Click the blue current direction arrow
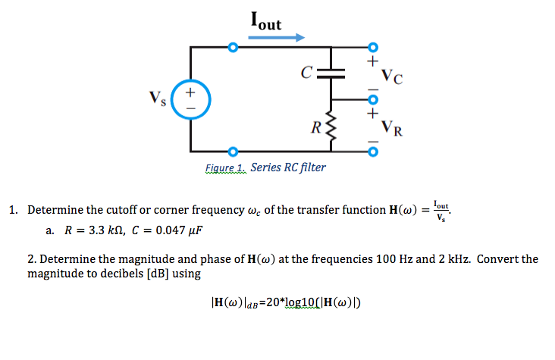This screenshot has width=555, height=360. click(x=277, y=37)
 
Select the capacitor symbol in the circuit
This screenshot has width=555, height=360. click(x=330, y=74)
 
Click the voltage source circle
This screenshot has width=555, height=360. click(x=191, y=101)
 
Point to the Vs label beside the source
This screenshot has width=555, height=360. click(x=158, y=98)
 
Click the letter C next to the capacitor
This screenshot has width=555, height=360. click(x=306, y=74)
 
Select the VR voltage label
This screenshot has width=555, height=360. click(x=393, y=128)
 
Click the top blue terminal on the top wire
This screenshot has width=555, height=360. click(x=234, y=48)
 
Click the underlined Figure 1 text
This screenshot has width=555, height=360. click(x=225, y=167)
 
